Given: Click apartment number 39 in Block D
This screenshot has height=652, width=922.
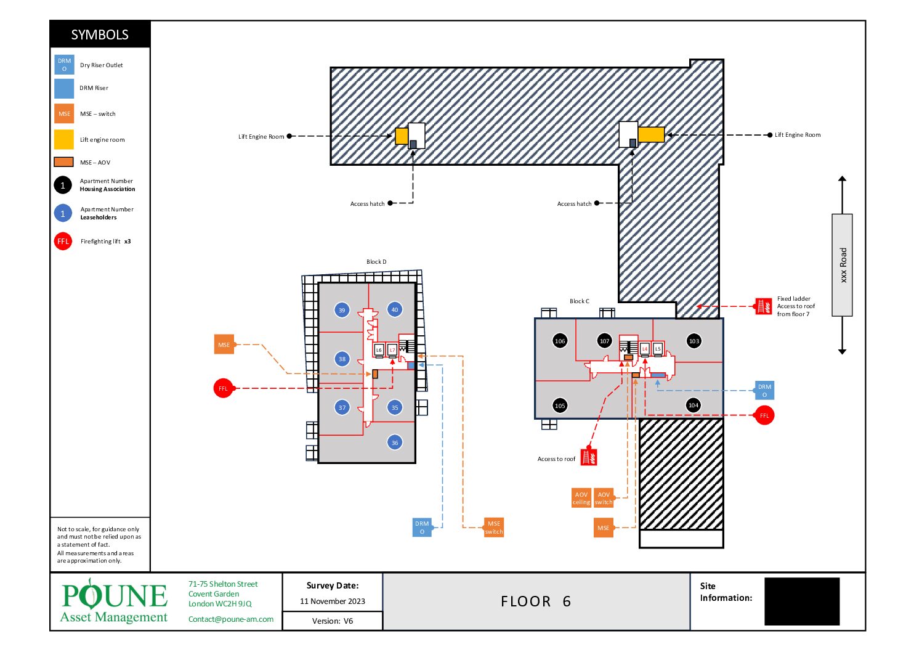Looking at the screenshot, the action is (x=342, y=310).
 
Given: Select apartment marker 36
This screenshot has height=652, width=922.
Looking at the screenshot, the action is (x=395, y=442).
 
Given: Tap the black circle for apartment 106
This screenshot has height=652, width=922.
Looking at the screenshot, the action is (x=560, y=341).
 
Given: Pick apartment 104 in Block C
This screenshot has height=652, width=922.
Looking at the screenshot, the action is (x=693, y=405).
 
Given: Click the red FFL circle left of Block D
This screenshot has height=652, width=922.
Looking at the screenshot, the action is (x=223, y=388).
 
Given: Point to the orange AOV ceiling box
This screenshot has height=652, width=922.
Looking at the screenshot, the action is (x=581, y=498).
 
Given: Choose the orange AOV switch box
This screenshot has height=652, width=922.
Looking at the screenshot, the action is (x=604, y=498).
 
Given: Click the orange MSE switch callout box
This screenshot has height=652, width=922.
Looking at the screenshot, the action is (x=493, y=528).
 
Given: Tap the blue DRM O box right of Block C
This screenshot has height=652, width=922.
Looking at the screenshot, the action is (x=764, y=391).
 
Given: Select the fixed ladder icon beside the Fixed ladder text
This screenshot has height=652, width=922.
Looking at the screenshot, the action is (x=764, y=306).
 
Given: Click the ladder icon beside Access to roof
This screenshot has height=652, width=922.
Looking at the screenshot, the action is (x=589, y=457).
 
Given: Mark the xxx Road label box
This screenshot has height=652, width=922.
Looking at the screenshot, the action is (x=842, y=265).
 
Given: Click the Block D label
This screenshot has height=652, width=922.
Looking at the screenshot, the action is (x=376, y=261).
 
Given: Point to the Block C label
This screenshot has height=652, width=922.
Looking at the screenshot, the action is (x=579, y=301).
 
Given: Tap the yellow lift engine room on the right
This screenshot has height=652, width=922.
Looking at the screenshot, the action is (x=651, y=135).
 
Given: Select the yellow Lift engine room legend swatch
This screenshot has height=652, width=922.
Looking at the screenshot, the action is (x=64, y=139).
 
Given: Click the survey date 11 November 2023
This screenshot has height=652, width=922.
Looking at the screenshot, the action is (x=332, y=601).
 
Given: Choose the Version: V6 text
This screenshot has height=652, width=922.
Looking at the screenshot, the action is (x=332, y=621).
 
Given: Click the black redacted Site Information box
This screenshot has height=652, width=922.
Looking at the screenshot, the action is (x=802, y=601).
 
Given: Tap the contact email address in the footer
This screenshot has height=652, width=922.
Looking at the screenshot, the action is (x=230, y=619).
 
